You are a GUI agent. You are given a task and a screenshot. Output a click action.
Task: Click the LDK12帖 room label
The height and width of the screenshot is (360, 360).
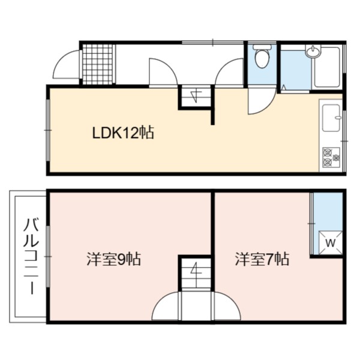tap(123, 133)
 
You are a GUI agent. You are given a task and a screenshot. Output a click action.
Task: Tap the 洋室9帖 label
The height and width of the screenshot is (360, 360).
tap(113, 259)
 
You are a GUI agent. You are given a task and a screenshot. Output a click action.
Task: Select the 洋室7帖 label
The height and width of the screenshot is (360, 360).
tap(262, 259)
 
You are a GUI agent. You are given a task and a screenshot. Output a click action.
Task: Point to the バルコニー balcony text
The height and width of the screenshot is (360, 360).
tap(31, 256)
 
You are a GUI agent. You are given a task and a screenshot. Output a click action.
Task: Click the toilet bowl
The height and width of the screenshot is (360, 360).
tap(262, 58)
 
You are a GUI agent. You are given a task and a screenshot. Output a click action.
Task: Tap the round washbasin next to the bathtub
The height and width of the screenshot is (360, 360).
tap(313, 52)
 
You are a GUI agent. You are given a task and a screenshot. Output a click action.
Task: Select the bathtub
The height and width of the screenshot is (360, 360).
tap(328, 67)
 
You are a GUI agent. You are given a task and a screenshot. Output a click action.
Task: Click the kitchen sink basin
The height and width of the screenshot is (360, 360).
tap(331, 118)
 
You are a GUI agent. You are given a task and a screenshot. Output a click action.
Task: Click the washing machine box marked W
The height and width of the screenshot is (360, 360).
tap(331, 242)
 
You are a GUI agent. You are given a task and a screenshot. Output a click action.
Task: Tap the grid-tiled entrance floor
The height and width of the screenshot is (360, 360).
tap(98, 64)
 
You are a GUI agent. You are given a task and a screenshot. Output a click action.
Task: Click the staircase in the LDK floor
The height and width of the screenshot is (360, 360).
tap(196, 97)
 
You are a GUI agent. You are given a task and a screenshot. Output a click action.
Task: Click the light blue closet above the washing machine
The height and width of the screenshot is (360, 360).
tap(328, 211)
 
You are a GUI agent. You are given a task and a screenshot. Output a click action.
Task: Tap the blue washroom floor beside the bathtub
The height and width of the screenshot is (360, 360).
tap(296, 70)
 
